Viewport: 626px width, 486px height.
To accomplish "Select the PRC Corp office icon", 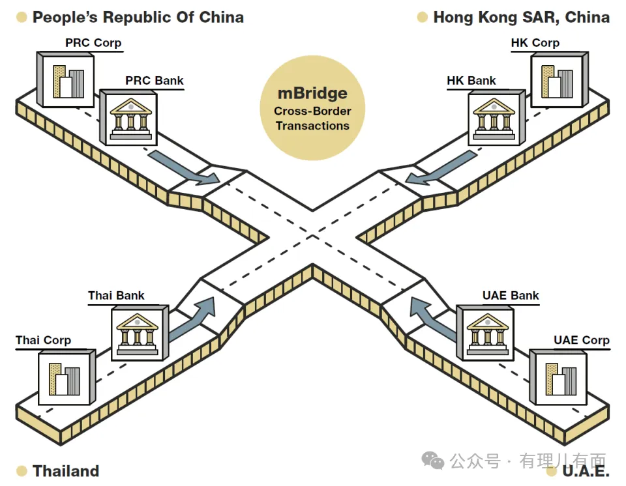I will point(65,79).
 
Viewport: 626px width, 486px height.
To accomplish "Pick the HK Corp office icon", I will point(559,79).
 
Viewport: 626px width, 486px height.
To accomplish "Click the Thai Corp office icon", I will point(66,378).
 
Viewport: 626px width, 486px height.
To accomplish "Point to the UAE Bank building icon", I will point(486,332).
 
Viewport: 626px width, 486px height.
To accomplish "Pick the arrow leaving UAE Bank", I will point(433,317).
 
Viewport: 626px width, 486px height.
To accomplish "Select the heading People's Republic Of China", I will point(138,17).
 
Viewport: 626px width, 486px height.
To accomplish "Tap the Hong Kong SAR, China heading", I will point(521,17).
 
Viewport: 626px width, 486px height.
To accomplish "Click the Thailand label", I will point(66,470).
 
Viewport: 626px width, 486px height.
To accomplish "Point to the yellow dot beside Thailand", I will point(22,470).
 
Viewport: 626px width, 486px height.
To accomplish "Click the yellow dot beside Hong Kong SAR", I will point(422,17).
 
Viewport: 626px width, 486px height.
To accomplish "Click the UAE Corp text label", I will point(581,340).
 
